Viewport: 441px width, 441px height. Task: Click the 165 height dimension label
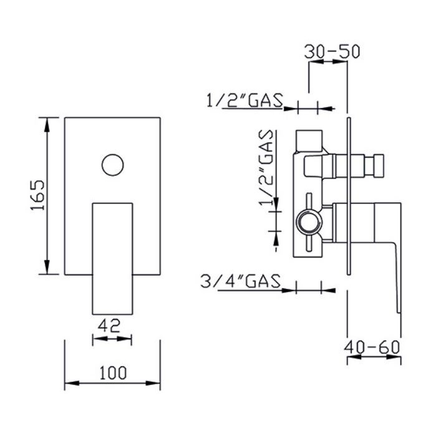37,195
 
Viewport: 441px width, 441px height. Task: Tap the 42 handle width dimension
109,326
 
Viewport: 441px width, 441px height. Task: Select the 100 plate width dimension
113,373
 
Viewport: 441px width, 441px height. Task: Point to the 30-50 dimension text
332,52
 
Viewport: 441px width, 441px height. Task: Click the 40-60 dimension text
372,347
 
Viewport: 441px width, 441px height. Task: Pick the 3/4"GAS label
241,281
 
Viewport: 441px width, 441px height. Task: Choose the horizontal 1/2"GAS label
245,100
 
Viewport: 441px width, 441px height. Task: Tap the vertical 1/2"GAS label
266,167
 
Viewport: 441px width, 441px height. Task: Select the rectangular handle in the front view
112,258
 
